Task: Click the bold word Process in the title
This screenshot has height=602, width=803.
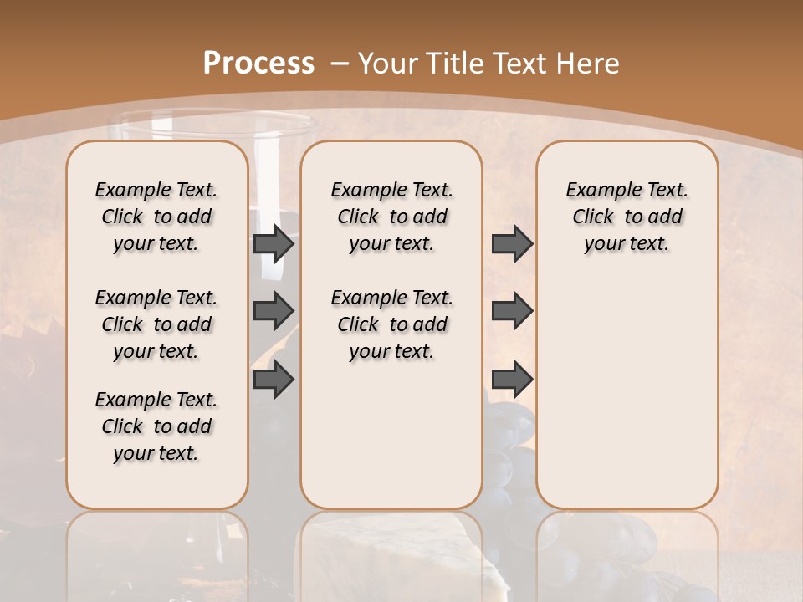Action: pyautogui.click(x=258, y=63)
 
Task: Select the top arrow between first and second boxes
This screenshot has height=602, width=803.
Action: pyautogui.click(x=274, y=243)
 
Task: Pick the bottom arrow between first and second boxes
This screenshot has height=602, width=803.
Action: pyautogui.click(x=274, y=380)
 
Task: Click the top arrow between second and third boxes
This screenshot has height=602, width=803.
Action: pyautogui.click(x=512, y=243)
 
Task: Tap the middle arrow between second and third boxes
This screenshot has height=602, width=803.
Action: pyautogui.click(x=512, y=311)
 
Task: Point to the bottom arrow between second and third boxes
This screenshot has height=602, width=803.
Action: pyautogui.click(x=512, y=380)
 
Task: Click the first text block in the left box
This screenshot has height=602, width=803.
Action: pyautogui.click(x=156, y=217)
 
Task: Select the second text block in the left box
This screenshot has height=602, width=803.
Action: pyautogui.click(x=156, y=324)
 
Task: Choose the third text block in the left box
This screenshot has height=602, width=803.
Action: pyautogui.click(x=156, y=426)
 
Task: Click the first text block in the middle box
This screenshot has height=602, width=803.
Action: pyautogui.click(x=391, y=217)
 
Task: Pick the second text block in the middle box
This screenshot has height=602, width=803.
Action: pyautogui.click(x=391, y=324)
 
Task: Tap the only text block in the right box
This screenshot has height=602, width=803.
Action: pyautogui.click(x=627, y=217)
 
